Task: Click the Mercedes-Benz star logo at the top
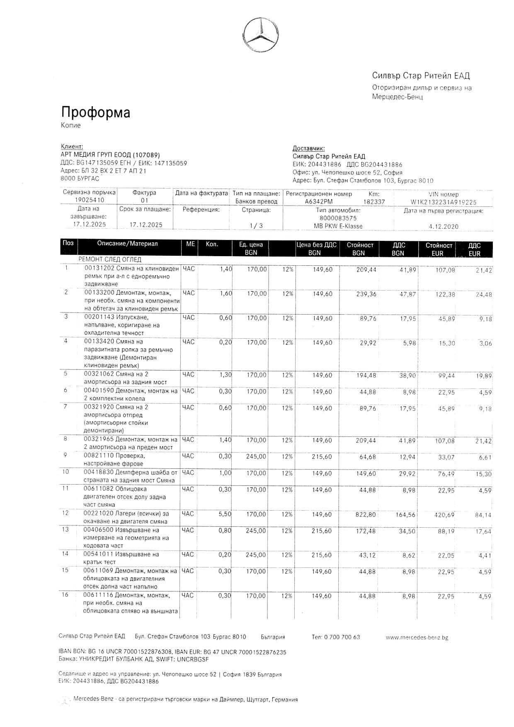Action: (x=260, y=35)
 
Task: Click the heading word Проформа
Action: (x=96, y=112)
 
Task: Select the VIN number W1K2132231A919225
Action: (x=443, y=202)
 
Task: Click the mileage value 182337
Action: (x=374, y=202)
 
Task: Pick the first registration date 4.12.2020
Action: (x=444, y=227)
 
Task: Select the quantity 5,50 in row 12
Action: (x=225, y=514)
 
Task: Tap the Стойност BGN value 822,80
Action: (x=366, y=515)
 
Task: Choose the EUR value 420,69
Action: (x=444, y=515)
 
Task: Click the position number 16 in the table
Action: (x=65, y=595)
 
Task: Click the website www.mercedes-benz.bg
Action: (x=417, y=637)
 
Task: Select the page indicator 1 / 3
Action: (x=256, y=226)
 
